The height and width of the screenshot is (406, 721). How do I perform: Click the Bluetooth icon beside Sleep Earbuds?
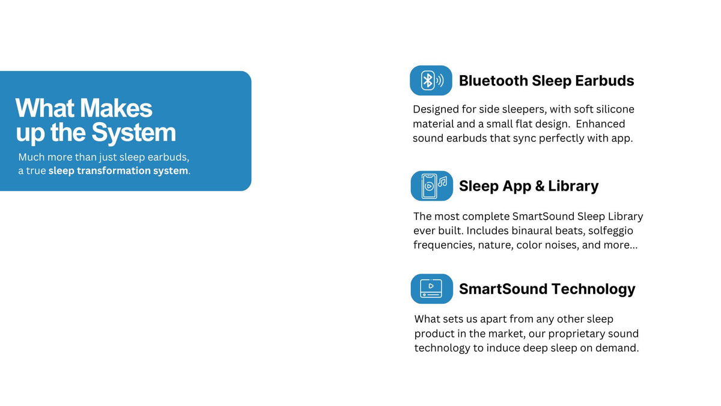[x=431, y=81]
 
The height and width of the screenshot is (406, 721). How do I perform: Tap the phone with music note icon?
[x=431, y=186]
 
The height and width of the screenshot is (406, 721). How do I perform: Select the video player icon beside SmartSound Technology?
[x=431, y=289]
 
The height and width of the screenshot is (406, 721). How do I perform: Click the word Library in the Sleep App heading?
[x=573, y=186]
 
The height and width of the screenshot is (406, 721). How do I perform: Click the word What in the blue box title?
[x=45, y=108]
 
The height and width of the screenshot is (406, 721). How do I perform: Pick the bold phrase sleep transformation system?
[x=118, y=171]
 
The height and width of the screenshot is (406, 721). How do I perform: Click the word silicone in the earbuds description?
[x=613, y=109]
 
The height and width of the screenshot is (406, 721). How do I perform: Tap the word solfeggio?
[x=610, y=230]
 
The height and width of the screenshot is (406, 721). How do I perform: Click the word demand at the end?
[x=618, y=348]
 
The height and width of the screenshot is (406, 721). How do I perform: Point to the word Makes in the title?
[x=117, y=108]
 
